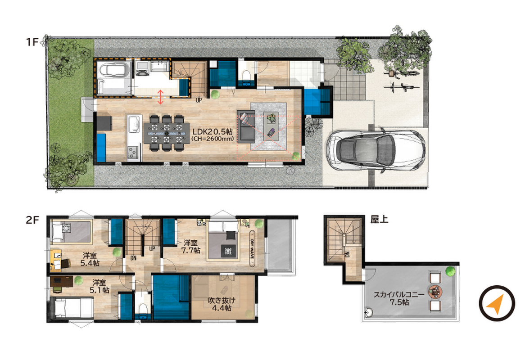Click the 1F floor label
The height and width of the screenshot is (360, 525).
pos(33,42)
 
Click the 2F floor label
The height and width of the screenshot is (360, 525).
pos(33,220)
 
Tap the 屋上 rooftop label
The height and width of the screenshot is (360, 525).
pos(380,220)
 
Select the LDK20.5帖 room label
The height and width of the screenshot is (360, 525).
pos(213,131)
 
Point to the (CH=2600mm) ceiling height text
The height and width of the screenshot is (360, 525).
pos(213,139)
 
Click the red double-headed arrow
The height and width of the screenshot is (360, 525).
pos(161,97)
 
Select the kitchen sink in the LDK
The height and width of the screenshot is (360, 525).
pos(134,124)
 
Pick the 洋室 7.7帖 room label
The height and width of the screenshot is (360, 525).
pos(191,246)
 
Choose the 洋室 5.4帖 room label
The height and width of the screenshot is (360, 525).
pos(90,259)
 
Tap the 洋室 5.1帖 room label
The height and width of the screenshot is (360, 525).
pos(100,286)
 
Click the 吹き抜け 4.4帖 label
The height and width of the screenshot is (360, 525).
pos(222,304)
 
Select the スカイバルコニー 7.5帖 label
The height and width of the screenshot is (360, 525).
pos(399,298)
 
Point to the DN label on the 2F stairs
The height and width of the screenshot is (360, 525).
pos(133,258)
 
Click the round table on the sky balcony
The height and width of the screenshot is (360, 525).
pos(435,292)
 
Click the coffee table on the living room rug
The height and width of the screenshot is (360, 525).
pos(271,126)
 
